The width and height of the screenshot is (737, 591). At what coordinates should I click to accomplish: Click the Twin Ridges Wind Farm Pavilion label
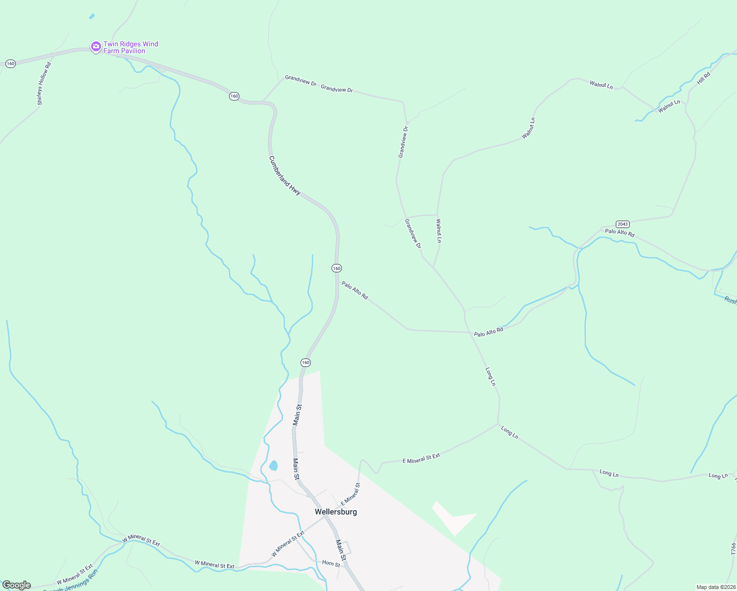131,47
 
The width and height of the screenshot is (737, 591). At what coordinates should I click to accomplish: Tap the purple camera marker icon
96,47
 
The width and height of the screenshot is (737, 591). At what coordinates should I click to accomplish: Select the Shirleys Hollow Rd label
43,84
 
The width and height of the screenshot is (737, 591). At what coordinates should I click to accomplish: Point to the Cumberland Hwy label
285,175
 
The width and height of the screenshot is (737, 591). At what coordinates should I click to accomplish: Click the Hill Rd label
703,78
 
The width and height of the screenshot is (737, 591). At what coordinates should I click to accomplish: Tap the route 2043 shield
623,224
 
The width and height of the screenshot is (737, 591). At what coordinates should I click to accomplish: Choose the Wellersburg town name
336,512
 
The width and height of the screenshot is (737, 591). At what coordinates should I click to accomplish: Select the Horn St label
331,563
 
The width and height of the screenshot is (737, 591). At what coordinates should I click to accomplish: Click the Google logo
17,585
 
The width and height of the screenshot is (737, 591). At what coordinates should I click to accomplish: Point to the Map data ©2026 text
715,587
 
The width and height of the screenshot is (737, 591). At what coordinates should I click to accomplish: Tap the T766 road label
733,549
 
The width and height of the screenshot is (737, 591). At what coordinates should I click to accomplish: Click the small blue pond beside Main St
273,465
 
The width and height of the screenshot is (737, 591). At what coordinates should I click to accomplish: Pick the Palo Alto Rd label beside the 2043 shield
619,232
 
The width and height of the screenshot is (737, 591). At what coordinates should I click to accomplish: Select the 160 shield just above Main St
305,362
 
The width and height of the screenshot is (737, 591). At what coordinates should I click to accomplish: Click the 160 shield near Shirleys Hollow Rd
10,64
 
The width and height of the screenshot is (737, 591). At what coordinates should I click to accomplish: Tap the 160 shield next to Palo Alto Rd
336,268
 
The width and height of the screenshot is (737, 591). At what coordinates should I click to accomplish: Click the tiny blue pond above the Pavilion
92,16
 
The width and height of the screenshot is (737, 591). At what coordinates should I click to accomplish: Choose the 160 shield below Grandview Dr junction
234,96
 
